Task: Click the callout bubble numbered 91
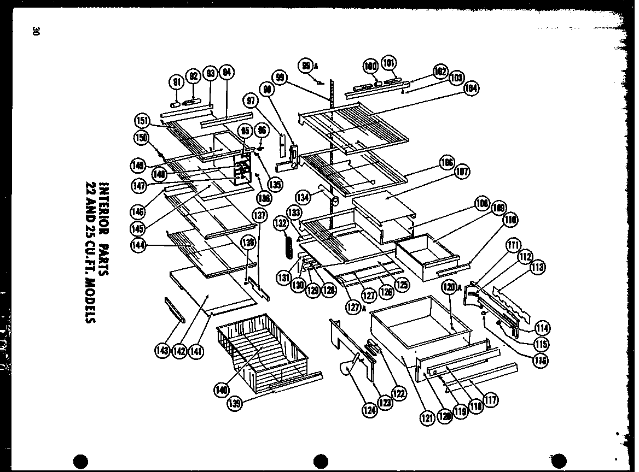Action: [177, 82]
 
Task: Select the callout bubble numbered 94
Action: [226, 73]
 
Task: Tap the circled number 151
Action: [142, 120]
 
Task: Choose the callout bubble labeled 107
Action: [462, 173]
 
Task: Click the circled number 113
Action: [537, 267]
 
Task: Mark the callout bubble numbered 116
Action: [541, 360]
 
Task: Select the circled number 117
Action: [491, 400]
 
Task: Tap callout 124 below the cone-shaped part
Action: [370, 409]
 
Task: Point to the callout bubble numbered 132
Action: [282, 223]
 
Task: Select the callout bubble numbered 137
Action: [260, 215]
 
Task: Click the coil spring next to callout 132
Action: [285, 247]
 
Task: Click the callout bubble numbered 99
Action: [281, 79]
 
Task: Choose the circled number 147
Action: [139, 185]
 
